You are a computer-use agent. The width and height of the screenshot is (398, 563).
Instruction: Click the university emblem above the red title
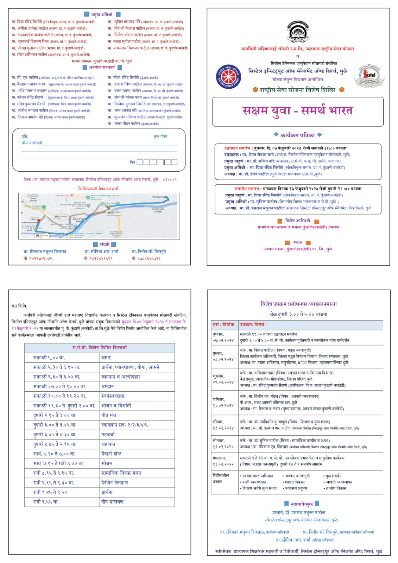point(298,31)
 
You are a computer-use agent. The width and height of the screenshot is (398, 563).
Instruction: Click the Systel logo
point(369,75)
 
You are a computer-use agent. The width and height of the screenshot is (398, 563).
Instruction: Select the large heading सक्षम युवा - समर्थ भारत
point(297,110)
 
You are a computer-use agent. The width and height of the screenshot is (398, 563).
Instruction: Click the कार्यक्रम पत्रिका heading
point(297,135)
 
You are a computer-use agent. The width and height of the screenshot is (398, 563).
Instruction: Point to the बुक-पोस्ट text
point(160,137)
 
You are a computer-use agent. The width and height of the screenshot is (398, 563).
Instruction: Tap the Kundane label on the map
point(158,197)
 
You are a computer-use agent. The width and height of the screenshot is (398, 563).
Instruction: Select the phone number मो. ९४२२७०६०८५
point(38,259)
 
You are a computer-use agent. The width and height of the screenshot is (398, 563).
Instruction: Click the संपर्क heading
point(105,244)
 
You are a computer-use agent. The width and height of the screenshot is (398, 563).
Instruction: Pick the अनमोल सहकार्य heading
point(102,67)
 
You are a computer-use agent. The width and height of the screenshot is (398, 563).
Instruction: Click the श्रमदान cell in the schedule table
point(108,386)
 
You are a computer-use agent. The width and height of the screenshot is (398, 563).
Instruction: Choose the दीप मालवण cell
point(112,502)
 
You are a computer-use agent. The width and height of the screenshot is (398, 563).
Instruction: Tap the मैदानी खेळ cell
point(111,454)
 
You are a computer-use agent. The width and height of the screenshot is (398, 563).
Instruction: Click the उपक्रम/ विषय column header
point(252,324)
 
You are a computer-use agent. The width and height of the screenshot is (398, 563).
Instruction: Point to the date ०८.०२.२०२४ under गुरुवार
point(223,360)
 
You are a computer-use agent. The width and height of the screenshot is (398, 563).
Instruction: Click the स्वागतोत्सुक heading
point(302,504)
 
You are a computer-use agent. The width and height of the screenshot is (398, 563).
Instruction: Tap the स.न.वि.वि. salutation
point(19,306)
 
